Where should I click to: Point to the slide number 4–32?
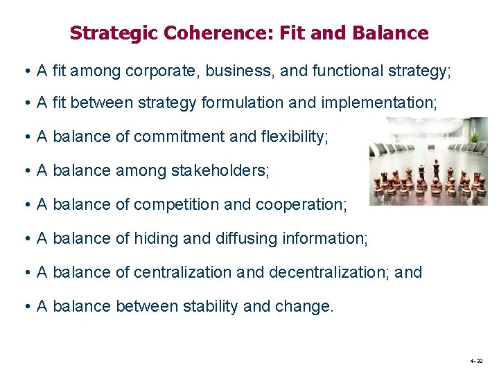click(476, 362)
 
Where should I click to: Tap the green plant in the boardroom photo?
click(474, 142)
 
